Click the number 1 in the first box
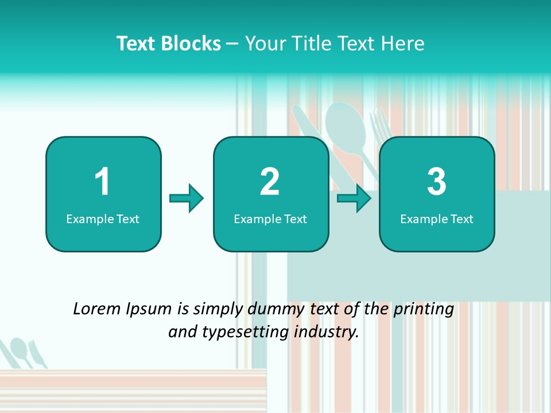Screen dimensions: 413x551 (103, 182)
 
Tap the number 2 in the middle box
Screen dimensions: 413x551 (270, 182)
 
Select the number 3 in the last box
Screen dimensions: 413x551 (437, 182)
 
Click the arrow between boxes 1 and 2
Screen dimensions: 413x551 (187, 198)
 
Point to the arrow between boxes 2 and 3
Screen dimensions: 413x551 (354, 198)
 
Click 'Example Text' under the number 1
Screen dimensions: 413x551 (103, 219)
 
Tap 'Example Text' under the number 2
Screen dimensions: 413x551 (270, 219)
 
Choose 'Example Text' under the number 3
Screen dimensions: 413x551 (437, 219)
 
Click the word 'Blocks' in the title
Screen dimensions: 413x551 (191, 44)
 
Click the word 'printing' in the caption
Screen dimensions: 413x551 (424, 309)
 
